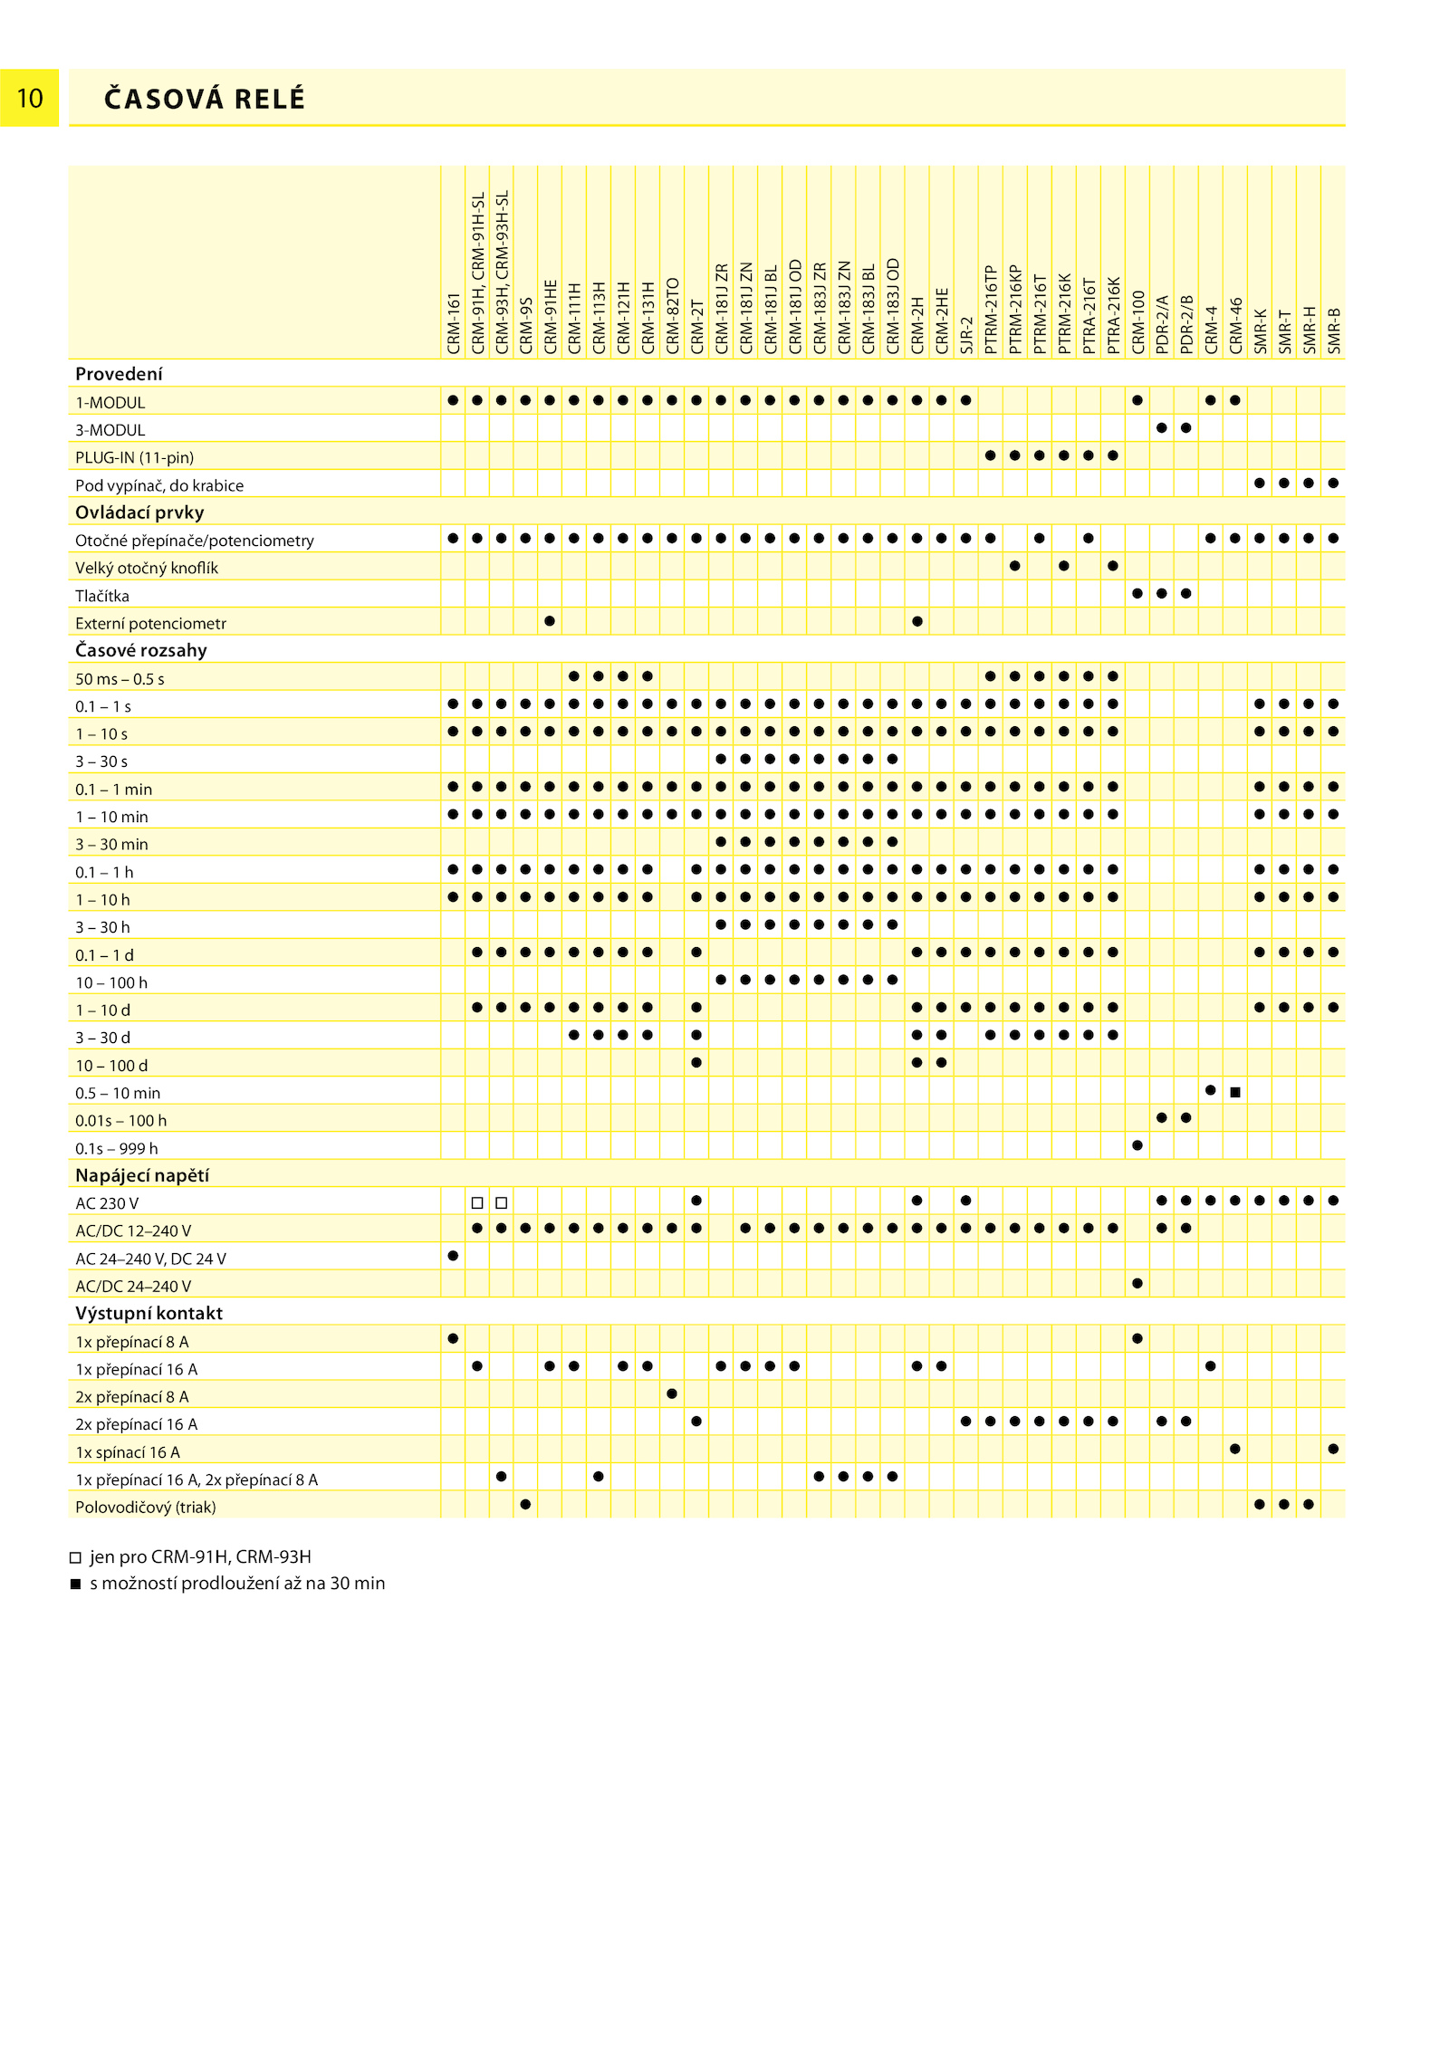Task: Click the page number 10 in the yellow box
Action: [30, 98]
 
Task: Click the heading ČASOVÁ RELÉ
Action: [205, 99]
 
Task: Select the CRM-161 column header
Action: [454, 323]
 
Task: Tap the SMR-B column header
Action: [1334, 331]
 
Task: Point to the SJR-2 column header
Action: [967, 336]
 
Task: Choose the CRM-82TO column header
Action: [673, 315]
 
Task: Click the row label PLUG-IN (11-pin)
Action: [135, 457]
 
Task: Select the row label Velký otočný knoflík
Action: [147, 568]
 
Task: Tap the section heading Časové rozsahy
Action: [141, 650]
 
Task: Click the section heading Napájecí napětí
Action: [142, 1175]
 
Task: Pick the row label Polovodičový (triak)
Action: [146, 1507]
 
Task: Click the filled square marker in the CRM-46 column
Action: [1235, 1092]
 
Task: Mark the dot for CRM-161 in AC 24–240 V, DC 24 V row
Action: [453, 1256]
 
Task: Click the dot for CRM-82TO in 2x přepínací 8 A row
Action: [672, 1393]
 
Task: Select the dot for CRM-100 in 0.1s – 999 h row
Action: [1137, 1145]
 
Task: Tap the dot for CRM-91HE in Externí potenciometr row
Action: [550, 621]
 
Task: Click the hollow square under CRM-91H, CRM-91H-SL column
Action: [477, 1202]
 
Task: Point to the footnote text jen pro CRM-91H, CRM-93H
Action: [200, 1556]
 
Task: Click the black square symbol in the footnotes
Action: [76, 1584]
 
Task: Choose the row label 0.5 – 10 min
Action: [118, 1093]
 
